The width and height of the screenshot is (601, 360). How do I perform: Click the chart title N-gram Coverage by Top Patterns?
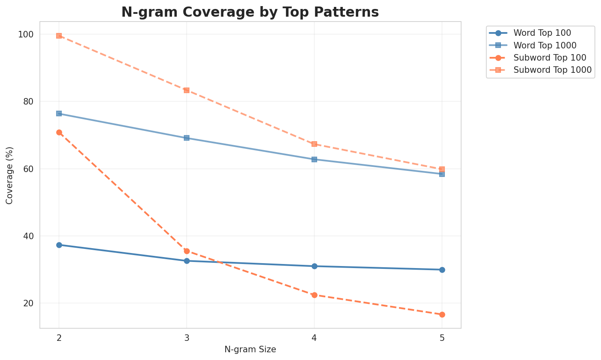coord(250,12)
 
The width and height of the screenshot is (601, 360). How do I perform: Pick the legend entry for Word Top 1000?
coord(545,45)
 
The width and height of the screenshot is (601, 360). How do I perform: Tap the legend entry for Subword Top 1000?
coord(552,70)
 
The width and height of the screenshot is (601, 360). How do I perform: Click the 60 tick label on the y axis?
coord(29,169)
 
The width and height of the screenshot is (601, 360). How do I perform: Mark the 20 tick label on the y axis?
coord(29,303)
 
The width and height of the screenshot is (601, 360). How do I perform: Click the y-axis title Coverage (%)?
coord(9,175)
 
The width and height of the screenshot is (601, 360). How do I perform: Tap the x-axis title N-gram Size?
coord(250,349)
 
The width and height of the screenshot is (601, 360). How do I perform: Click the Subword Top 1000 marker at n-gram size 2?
coord(59,36)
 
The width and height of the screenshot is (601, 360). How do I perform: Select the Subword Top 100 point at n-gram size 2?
coord(59,132)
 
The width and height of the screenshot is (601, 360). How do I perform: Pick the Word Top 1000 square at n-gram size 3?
coord(187,138)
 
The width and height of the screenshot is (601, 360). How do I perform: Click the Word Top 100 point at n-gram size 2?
coord(59,245)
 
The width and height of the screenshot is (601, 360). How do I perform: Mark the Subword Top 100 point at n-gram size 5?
coord(442,314)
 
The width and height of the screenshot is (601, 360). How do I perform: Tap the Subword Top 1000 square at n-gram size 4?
coord(314,144)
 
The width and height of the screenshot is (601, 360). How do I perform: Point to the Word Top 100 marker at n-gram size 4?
coord(314,266)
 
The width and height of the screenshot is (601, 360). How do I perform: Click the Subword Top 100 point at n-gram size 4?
coord(314,295)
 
